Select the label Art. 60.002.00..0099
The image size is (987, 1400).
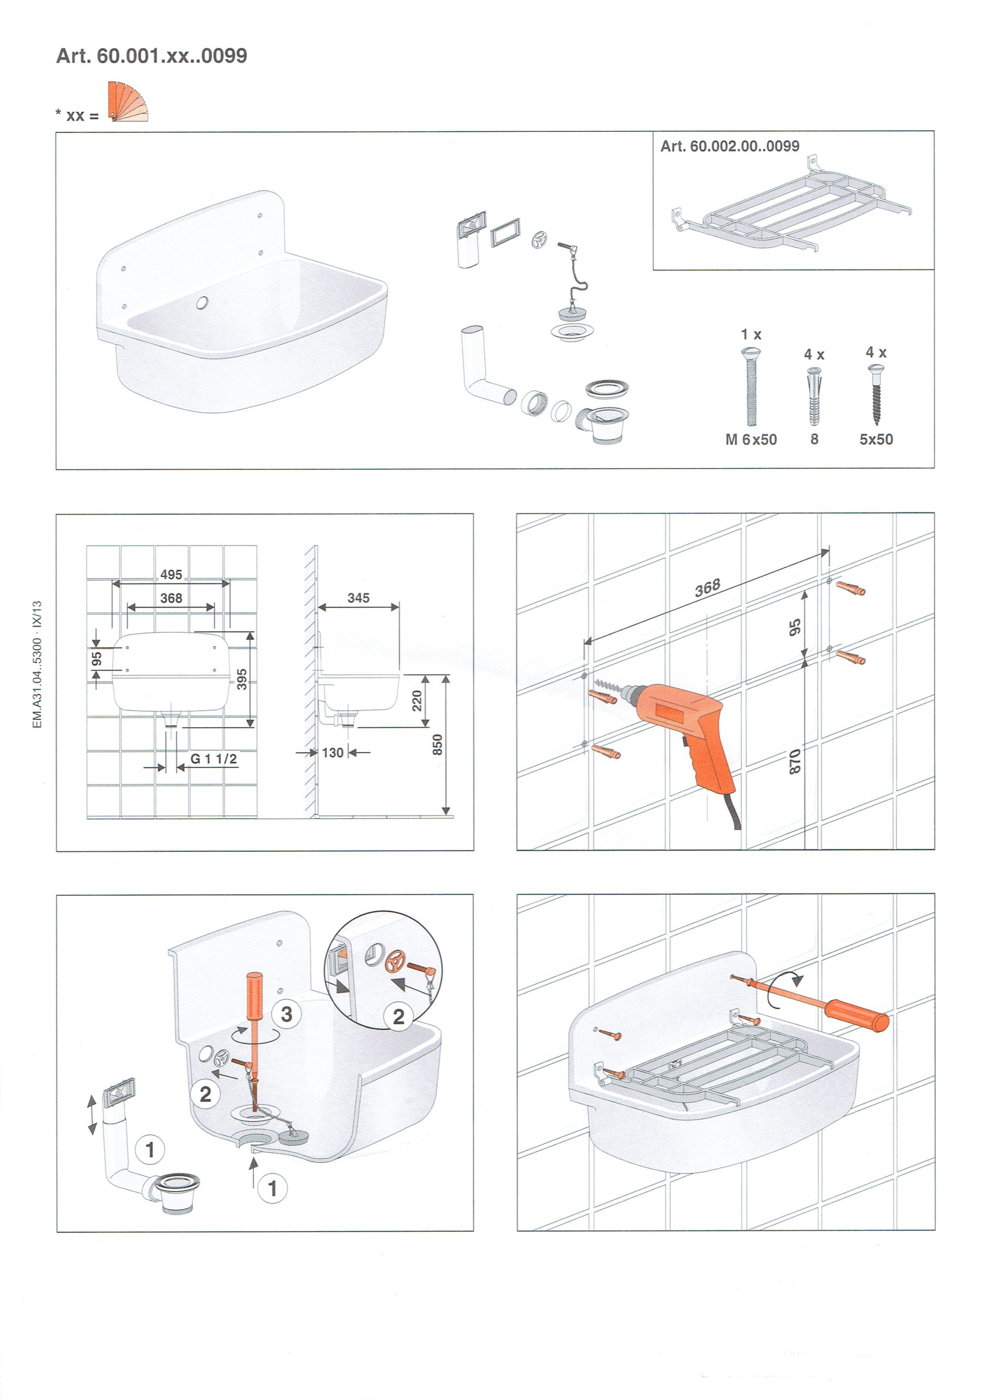[x=729, y=147]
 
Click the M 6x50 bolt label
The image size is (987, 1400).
[x=751, y=440]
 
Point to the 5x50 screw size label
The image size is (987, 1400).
[x=876, y=439]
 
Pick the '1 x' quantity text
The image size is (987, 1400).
[x=751, y=334]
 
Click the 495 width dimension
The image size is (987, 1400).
[x=171, y=574]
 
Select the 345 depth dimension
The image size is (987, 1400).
[x=359, y=598]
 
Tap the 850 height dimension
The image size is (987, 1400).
[x=437, y=745]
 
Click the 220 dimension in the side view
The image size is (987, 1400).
[x=417, y=701]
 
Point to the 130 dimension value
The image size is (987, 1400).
[x=333, y=752]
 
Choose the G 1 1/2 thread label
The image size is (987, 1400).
[x=214, y=759]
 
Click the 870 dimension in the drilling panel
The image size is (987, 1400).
[x=795, y=762]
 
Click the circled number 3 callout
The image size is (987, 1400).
[x=286, y=1014]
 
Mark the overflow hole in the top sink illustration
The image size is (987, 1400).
[x=202, y=301]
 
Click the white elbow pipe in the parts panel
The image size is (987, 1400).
[x=482, y=366]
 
